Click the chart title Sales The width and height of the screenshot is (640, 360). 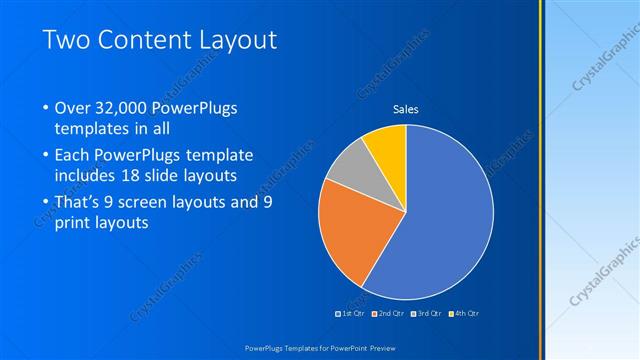pyautogui.click(x=405, y=109)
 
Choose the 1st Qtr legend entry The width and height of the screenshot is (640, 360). pyautogui.click(x=350, y=313)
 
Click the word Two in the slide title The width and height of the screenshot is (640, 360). pyautogui.click(x=69, y=41)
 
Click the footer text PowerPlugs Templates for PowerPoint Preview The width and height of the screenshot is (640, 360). pyautogui.click(x=320, y=347)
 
